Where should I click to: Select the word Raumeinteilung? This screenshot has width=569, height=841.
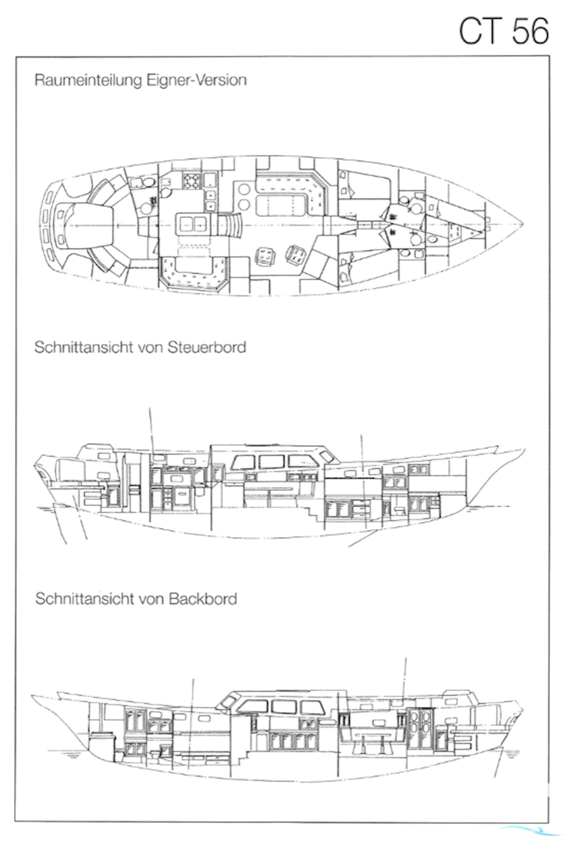pyautogui.click(x=88, y=80)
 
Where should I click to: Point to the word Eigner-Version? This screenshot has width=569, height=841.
pyautogui.click(x=196, y=80)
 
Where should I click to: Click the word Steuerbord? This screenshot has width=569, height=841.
pyautogui.click(x=207, y=347)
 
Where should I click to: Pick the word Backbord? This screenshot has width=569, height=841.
pyautogui.click(x=203, y=599)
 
